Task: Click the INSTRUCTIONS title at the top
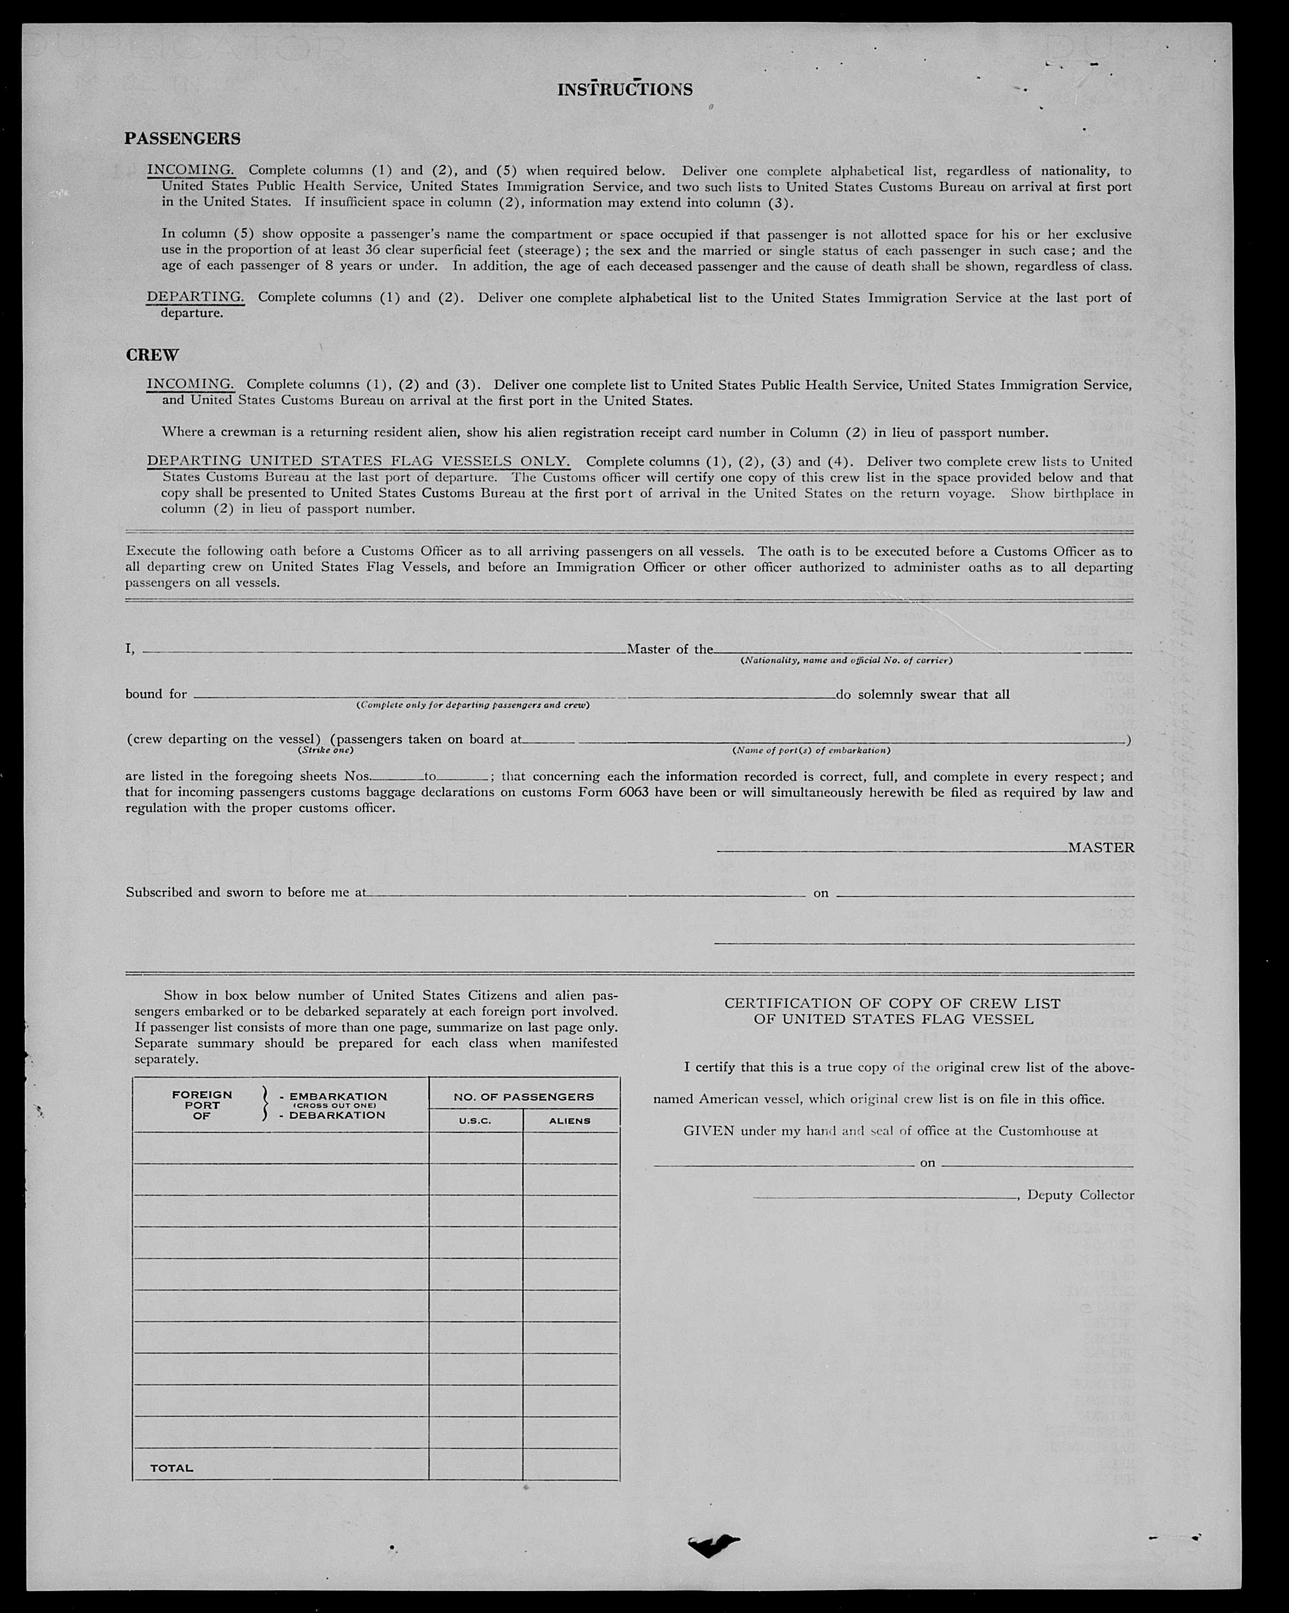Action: pos(625,90)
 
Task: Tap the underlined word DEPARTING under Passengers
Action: pos(195,297)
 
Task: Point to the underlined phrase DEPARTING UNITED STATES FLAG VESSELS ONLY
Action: pos(358,461)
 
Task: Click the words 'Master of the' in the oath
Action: pos(670,649)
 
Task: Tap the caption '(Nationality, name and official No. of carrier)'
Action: pos(846,661)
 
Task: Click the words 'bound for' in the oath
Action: pos(156,694)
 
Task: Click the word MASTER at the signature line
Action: pos(1101,848)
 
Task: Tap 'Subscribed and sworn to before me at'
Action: pos(245,892)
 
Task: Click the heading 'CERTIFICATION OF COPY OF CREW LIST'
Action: pos(892,1003)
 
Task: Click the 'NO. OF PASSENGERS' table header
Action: pos(523,1097)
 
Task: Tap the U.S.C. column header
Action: pos(475,1121)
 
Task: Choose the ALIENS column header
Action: pos(570,1121)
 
